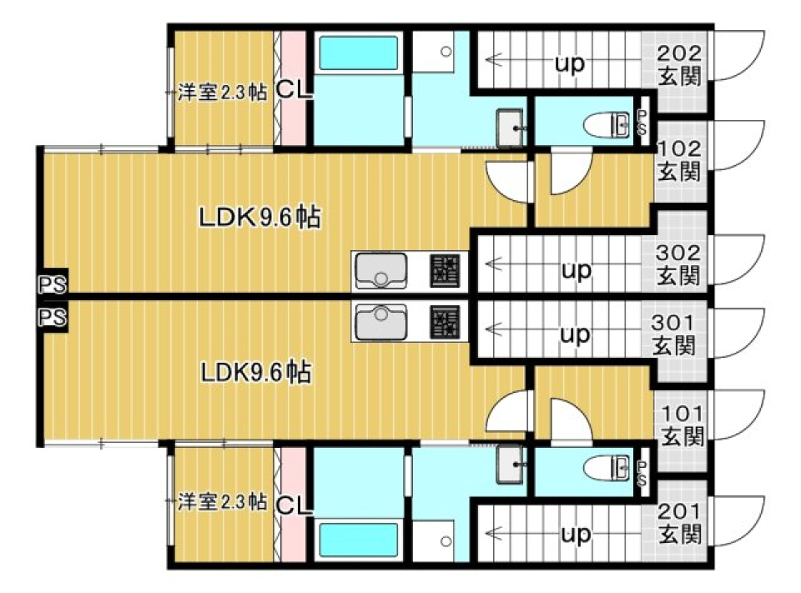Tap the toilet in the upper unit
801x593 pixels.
click(x=612, y=125)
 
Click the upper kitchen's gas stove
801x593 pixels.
click(x=445, y=270)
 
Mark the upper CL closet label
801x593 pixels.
click(x=293, y=89)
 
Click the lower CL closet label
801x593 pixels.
click(x=293, y=504)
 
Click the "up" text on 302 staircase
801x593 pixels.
click(x=575, y=270)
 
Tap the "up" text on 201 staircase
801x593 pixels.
click(x=575, y=533)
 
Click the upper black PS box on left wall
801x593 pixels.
click(x=52, y=284)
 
